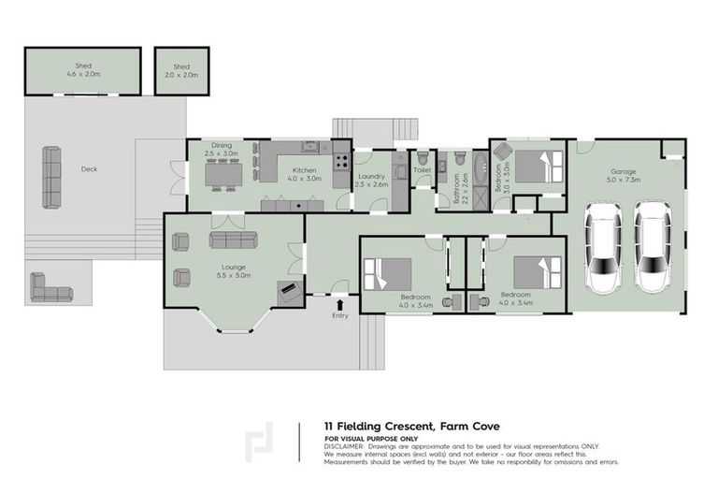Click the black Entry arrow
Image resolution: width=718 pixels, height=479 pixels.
pos(339,303)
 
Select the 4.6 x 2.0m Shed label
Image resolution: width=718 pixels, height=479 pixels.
pos(83,70)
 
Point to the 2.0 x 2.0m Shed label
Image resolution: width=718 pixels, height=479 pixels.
pos(181,70)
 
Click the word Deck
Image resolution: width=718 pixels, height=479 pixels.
pos(89,169)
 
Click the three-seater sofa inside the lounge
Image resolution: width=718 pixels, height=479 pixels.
pos(233,240)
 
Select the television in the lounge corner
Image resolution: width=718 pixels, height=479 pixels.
pos(289,292)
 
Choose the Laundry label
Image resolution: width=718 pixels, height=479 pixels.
pos(371,179)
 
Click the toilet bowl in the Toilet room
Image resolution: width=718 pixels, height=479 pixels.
pos(422,158)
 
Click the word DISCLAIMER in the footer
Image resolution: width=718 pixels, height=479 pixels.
pos(344,446)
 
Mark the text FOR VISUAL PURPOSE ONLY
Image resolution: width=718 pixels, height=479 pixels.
pos(372,439)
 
